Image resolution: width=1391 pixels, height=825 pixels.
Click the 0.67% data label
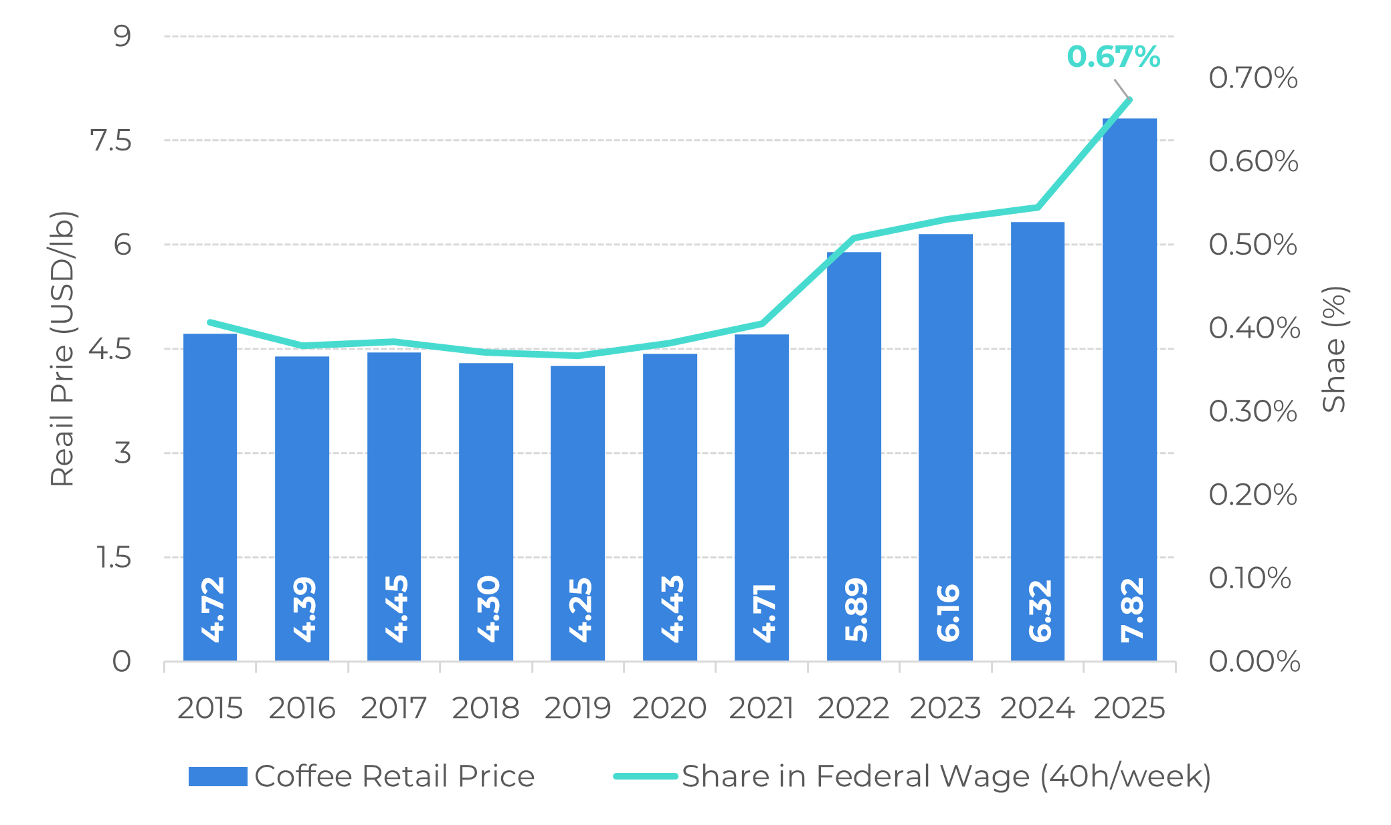(x=1113, y=57)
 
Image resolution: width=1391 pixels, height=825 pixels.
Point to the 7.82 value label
(x=1131, y=610)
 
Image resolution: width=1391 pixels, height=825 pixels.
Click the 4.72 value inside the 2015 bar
(x=212, y=610)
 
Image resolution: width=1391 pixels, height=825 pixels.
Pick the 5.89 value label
(x=856, y=610)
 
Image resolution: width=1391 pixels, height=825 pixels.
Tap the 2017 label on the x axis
(x=393, y=709)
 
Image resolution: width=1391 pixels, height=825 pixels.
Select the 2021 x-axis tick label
(x=761, y=709)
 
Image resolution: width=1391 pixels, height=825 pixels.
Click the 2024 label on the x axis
(x=1037, y=709)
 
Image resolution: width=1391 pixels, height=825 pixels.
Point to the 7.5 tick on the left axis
(x=111, y=141)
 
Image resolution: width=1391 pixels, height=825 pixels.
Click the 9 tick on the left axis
(x=122, y=35)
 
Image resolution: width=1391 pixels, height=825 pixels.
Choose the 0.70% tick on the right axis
(x=1253, y=78)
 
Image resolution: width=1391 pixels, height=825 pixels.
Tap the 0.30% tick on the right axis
(x=1253, y=411)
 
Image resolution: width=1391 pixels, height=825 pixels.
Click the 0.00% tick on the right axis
(x=1254, y=661)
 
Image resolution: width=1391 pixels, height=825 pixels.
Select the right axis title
(x=1335, y=349)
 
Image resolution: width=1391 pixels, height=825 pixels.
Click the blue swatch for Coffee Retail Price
(x=217, y=776)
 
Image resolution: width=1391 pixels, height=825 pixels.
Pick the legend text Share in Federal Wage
(x=946, y=776)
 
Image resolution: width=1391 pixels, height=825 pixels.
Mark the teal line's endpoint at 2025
(x=1129, y=100)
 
